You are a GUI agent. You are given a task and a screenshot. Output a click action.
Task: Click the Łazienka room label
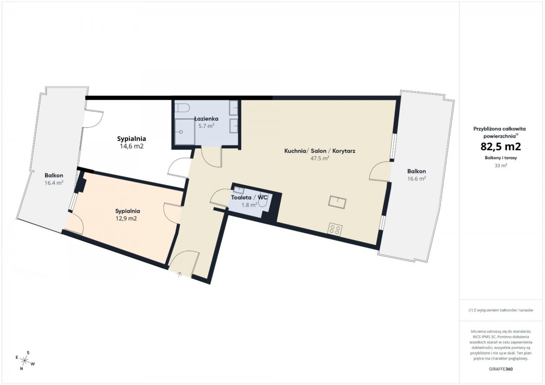tap(206, 119)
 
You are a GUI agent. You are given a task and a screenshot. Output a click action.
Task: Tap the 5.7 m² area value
tap(206, 126)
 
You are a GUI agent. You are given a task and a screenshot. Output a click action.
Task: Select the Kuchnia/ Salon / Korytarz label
tap(320, 151)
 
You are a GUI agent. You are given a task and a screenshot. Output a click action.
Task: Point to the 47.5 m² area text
tap(320, 158)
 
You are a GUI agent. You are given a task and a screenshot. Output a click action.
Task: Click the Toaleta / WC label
tap(249, 197)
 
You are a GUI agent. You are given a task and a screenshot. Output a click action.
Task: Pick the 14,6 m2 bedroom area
tap(132, 146)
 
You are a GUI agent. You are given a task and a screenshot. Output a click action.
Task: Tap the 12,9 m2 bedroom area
tap(126, 219)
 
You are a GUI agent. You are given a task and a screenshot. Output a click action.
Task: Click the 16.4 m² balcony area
tap(54, 183)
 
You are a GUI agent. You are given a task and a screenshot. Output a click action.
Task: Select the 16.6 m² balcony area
tap(416, 179)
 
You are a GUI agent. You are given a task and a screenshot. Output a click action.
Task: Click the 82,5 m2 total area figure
tap(500, 146)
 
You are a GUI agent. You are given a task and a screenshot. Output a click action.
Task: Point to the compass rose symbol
tap(25, 360)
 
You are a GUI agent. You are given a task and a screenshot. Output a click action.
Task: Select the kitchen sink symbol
tap(337, 202)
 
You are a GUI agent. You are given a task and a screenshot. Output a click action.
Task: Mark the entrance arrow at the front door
tap(179, 275)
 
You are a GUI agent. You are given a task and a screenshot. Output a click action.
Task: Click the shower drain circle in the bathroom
tap(181, 132)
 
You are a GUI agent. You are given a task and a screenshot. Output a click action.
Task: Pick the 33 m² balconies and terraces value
tap(500, 166)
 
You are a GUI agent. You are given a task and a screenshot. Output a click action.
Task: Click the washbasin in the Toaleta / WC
tap(239, 190)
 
